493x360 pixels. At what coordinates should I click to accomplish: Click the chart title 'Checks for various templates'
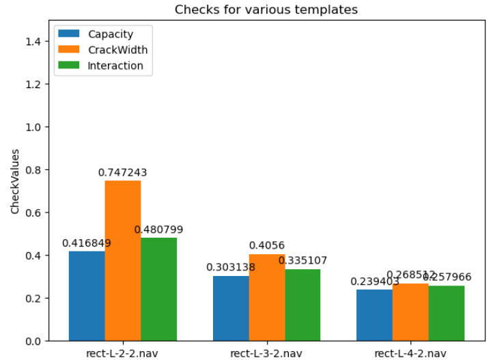point(266,10)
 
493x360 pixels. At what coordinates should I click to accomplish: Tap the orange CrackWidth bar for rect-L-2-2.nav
point(123,260)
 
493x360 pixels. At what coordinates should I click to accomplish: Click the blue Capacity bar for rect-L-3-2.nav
point(231,308)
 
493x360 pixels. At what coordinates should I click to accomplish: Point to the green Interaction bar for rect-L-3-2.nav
point(303,305)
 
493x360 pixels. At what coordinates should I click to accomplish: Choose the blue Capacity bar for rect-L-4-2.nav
point(375,315)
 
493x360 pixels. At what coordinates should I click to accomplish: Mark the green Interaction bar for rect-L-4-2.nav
point(447,313)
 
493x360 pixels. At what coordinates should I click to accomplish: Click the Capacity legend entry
point(110,34)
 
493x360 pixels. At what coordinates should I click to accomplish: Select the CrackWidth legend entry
point(117,50)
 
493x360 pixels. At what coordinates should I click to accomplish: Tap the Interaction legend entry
point(115,66)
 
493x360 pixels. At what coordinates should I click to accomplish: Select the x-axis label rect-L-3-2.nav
point(266,352)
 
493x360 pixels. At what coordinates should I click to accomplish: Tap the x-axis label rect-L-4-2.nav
point(410,352)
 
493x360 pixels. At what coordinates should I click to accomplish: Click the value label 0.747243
point(123,173)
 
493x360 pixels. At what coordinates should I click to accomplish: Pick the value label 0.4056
point(267,246)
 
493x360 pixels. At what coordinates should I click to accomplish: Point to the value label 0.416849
point(87,243)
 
